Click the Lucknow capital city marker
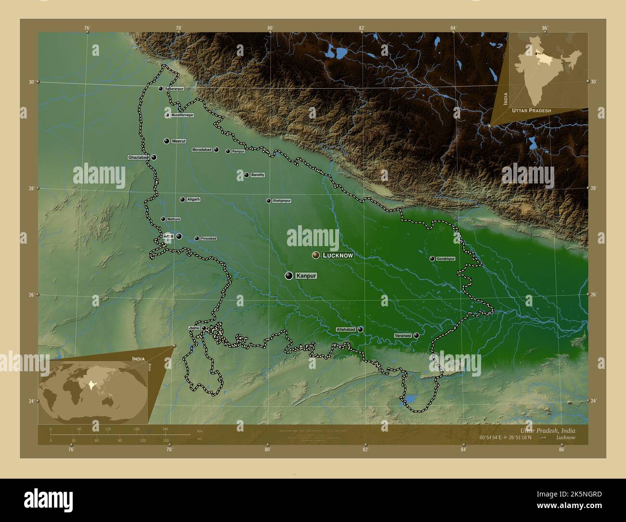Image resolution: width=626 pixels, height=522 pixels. click(316, 255)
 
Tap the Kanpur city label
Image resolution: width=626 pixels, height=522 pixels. click(306, 276)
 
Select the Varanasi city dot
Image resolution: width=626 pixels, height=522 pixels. click(416, 335)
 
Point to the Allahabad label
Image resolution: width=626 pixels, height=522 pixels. click(346, 330)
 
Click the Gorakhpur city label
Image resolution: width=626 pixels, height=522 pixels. click(445, 259)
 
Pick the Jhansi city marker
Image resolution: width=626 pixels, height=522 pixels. click(204, 328)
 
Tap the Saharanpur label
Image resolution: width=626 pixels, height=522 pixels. click(174, 89)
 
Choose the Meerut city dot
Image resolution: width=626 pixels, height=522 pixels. click(167, 141)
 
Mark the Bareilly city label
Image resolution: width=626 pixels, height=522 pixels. click(258, 175)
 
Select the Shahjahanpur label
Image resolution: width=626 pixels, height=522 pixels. click(282, 201)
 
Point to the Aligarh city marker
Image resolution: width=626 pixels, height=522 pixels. click(183, 199)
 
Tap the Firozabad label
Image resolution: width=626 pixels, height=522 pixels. click(209, 238)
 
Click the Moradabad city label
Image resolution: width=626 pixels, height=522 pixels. click(202, 150)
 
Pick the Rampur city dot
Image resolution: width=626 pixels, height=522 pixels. click(228, 151)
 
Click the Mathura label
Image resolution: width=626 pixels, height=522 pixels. click(173, 219)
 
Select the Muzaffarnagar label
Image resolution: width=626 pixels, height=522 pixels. click(183, 116)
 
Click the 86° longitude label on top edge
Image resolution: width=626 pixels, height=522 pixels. click(545, 28)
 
